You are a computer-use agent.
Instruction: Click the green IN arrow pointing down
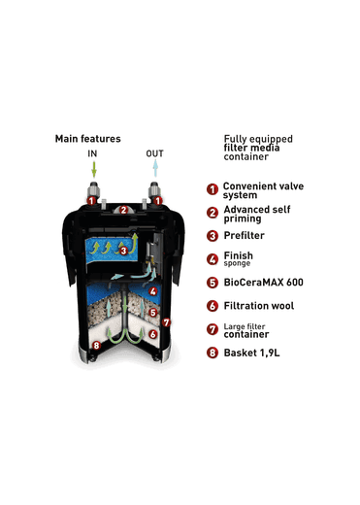pos(94,169)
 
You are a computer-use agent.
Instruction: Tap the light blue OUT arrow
pos(155,168)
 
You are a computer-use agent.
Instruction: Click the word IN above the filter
pos(92,153)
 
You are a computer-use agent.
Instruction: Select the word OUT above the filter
pos(154,153)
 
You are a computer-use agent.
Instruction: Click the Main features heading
pos(87,139)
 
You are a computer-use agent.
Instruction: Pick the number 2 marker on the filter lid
pos(123,210)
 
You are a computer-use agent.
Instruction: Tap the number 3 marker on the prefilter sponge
pos(123,251)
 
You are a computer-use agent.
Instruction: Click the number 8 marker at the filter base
pos(96,346)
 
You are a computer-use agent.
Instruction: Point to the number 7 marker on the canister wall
pos(166,322)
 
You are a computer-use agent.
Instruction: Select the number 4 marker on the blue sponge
pos(153,291)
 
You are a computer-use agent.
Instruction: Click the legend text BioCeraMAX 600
pos(263,283)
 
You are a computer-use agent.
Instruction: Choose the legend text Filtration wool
pos(259,306)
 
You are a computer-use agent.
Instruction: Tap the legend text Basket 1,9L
pos(251,353)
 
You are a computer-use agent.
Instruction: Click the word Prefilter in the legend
pos(244,235)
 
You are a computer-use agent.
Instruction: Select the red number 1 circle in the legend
pos(213,189)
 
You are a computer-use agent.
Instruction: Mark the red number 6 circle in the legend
pos(213,306)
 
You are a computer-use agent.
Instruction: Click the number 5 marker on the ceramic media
pos(153,313)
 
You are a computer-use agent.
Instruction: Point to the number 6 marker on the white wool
pos(153,334)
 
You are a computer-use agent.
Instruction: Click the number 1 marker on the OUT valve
pos(157,201)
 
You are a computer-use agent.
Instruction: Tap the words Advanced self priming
pos(257,214)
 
